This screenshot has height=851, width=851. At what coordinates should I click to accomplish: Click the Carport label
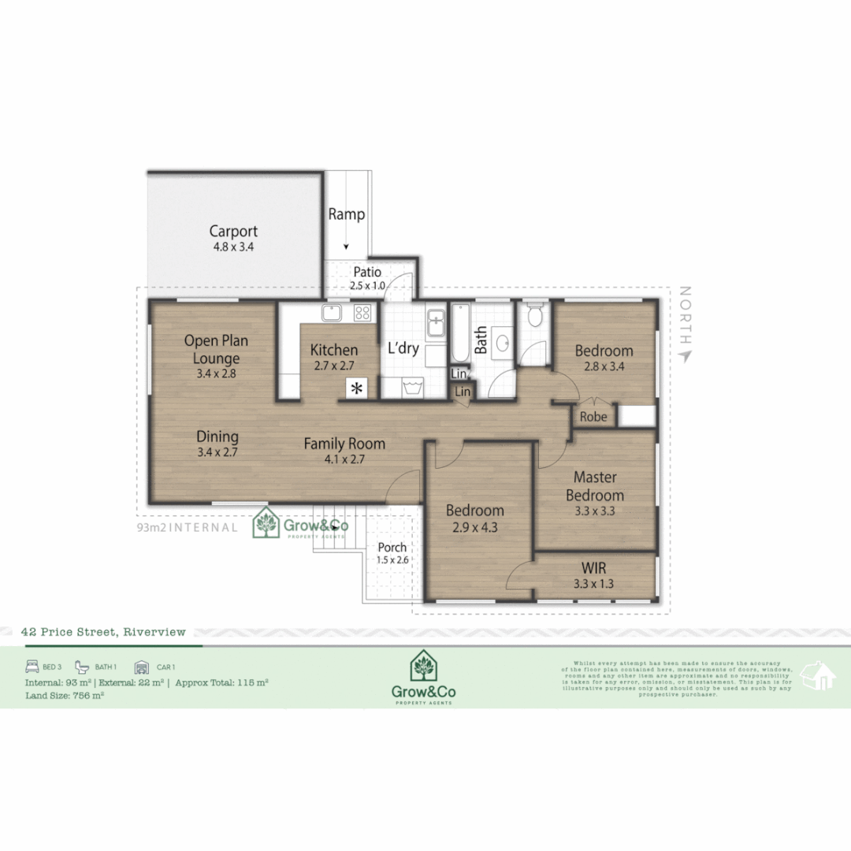[233, 238]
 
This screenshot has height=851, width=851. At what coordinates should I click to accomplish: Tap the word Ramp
[347, 214]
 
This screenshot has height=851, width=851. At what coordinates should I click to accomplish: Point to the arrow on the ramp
[346, 246]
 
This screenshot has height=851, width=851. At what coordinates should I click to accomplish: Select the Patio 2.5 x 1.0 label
[366, 278]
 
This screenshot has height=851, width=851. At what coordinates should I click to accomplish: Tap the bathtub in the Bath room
[461, 335]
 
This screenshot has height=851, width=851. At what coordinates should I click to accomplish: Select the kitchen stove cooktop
[362, 313]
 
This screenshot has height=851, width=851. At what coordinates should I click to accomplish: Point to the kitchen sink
[332, 313]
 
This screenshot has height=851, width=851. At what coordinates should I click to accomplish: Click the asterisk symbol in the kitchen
[357, 388]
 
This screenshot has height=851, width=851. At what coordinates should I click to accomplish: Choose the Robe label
[593, 417]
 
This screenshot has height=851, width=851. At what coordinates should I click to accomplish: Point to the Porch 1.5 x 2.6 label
[392, 553]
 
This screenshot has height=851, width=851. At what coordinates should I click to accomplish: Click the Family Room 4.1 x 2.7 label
[344, 451]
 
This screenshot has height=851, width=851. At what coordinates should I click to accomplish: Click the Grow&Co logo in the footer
[424, 678]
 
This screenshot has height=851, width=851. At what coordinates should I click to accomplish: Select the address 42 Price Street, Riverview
[104, 632]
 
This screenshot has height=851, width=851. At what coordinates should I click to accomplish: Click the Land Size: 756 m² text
[65, 695]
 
